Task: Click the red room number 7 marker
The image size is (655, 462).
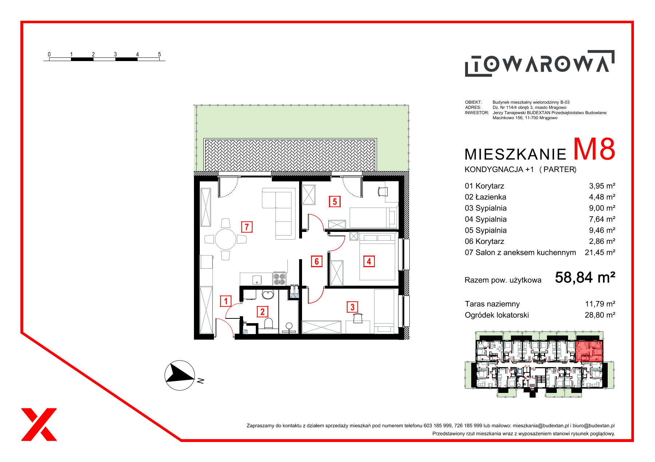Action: click(x=247, y=227)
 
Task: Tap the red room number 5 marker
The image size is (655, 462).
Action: click(x=335, y=201)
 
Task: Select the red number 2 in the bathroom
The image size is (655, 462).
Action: click(x=262, y=312)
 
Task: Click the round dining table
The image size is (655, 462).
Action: click(x=226, y=239)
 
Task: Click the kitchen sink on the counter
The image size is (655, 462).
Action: click(x=257, y=280)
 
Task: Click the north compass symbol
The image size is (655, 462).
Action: click(x=180, y=375)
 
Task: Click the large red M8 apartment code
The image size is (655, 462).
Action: click(x=594, y=149)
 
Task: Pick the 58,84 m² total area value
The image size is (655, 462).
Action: click(x=585, y=278)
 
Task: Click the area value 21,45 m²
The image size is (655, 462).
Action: click(x=600, y=252)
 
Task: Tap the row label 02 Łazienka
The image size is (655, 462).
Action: click(x=485, y=197)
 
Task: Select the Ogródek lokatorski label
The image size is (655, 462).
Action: click(x=497, y=315)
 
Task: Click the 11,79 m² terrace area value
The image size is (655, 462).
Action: click(x=600, y=304)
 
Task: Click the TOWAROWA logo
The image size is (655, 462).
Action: click(x=540, y=63)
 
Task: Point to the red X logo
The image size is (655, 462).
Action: click(x=39, y=425)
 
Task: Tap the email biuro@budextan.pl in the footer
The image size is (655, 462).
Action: click(x=594, y=426)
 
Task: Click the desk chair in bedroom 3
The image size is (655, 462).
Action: click(x=358, y=318)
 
